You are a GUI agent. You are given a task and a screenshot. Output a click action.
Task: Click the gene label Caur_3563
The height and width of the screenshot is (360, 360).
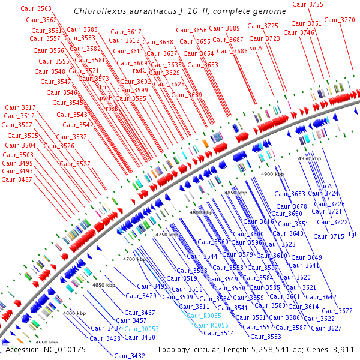(x=36, y=8)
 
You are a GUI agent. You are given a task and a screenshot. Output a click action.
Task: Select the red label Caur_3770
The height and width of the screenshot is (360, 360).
(x=339, y=20)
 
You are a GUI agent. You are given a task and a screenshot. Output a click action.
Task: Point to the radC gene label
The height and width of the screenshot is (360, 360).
(x=140, y=70)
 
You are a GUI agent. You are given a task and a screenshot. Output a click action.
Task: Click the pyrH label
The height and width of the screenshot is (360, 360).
(x=106, y=97)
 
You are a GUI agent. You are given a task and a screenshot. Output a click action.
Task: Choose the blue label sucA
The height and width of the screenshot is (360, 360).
(x=325, y=186)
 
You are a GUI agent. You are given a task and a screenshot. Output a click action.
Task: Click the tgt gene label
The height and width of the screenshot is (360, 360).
(x=352, y=234)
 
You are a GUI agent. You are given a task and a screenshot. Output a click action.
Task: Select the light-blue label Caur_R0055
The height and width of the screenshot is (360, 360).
(x=204, y=316)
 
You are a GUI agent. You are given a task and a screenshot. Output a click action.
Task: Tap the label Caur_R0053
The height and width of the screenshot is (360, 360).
(x=142, y=329)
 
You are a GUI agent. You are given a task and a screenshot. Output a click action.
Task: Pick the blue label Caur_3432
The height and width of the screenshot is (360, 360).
(x=130, y=356)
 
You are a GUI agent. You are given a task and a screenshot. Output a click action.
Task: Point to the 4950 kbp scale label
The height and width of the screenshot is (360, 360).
(x=311, y=158)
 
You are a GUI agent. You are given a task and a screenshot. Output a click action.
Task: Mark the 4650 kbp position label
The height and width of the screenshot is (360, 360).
(x=104, y=285)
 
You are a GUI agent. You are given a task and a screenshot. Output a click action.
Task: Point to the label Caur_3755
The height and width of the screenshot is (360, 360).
(x=308, y=5)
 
